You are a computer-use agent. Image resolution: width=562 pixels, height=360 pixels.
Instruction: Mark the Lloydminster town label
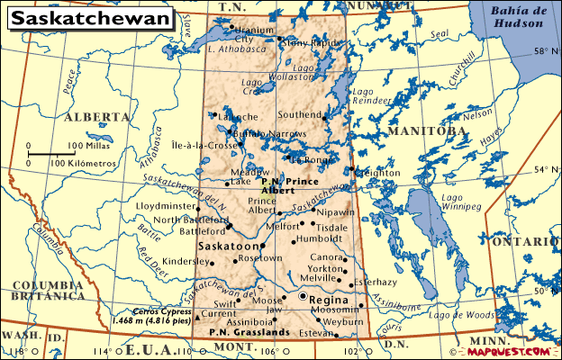click(185, 206)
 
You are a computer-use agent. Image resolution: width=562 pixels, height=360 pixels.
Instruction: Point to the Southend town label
click(299, 115)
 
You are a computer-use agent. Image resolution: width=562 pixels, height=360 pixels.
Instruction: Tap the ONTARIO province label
click(530, 241)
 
